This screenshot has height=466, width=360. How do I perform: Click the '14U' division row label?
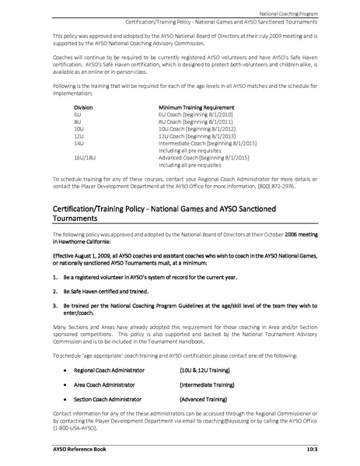pyautogui.click(x=79, y=144)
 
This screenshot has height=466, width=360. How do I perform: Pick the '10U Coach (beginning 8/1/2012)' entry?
pyautogui.click(x=196, y=129)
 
